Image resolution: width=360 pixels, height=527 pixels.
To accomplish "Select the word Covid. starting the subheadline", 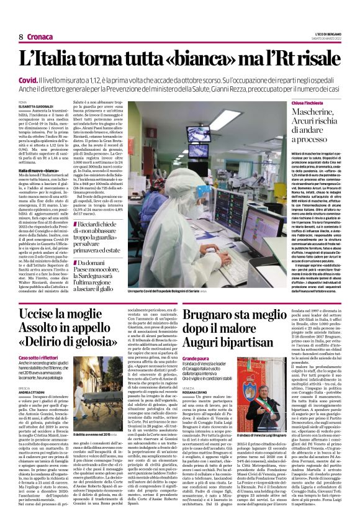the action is click(29, 81).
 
